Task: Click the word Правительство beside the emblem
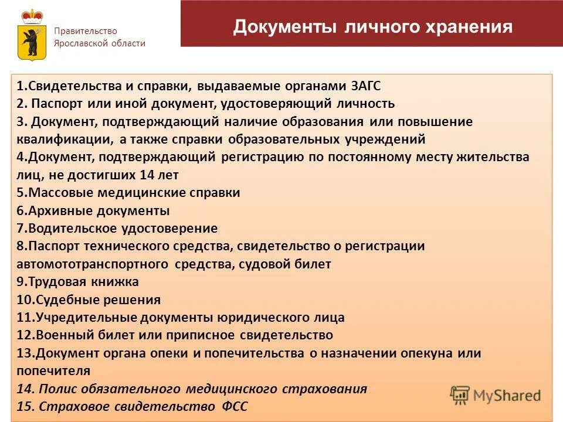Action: pos(86,31)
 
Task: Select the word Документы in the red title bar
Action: pos(285,28)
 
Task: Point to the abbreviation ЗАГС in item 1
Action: pos(367,86)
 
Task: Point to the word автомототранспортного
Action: pos(94,264)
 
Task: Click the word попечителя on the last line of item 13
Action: pos(53,371)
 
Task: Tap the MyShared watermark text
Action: pos(507,396)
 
